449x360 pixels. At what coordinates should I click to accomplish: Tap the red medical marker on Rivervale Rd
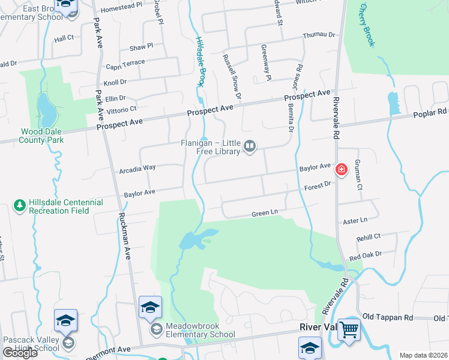pos(342,170)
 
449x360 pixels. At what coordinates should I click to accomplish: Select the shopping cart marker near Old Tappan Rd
pos(349,329)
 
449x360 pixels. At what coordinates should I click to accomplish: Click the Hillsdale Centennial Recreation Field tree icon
pos(19,206)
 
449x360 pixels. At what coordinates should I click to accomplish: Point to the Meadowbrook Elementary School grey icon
pos(156,329)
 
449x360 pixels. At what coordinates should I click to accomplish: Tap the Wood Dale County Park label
pos(41,136)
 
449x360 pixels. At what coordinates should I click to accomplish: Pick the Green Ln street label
pos(265,214)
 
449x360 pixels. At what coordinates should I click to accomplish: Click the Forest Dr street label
pos(319,186)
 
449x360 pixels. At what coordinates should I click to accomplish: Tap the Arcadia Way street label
pos(137,169)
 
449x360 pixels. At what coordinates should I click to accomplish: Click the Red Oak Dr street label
pos(366,256)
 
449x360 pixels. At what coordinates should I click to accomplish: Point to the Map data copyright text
pos(423,355)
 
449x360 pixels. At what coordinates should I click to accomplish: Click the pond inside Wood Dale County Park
pos(45,106)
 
